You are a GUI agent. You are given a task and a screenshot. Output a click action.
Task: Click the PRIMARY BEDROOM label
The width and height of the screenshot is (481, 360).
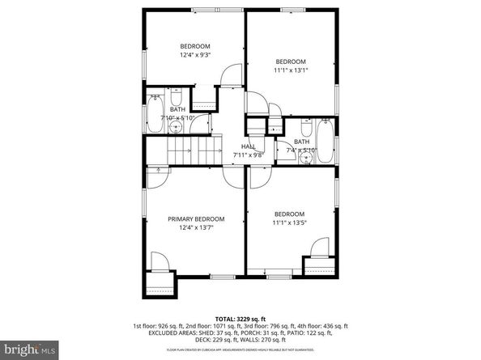click(x=195, y=218)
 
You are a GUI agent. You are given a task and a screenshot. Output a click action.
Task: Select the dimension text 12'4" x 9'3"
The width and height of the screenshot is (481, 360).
click(x=195, y=56)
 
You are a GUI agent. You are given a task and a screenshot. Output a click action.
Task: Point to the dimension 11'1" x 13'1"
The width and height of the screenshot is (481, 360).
click(x=290, y=71)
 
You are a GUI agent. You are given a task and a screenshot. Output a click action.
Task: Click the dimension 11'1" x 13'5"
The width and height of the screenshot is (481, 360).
click(x=290, y=222)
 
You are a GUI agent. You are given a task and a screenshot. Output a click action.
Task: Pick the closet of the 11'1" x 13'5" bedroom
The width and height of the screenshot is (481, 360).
click(x=318, y=266)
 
